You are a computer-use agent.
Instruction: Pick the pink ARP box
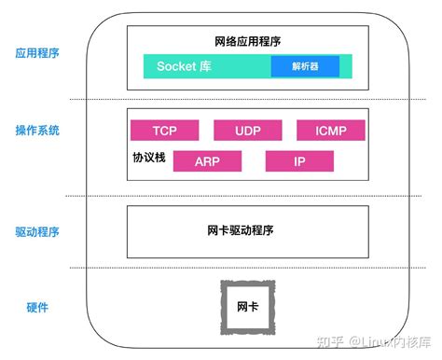206,161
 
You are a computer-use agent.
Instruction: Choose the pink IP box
299,161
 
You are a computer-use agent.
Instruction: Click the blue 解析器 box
305,66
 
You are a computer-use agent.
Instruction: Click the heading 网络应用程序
246,42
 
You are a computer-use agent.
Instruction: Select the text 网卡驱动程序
246,230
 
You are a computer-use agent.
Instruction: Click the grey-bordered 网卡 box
247,307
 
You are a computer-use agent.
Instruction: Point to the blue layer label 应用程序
37,53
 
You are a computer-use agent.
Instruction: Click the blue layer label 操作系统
37,131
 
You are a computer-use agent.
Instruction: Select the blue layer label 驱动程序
37,231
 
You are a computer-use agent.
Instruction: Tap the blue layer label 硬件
37,308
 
